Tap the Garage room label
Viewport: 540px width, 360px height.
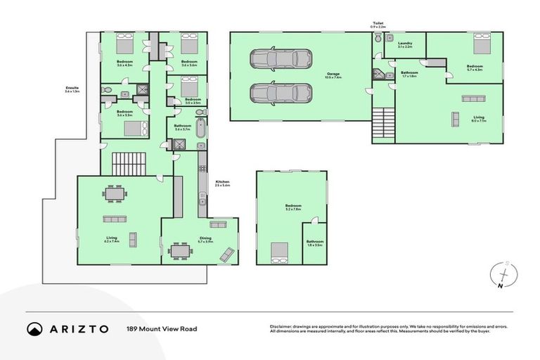click(333, 75)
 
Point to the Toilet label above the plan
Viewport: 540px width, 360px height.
click(378, 25)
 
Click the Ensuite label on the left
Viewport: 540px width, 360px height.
click(72, 89)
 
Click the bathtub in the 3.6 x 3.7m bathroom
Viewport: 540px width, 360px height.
click(200, 129)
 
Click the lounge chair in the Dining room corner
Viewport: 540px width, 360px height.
click(227, 255)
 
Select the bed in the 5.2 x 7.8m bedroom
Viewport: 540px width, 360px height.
click(279, 251)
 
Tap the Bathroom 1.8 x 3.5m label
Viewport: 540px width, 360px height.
click(314, 243)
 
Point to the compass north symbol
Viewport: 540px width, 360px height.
click(504, 275)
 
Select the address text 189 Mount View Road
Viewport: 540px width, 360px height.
click(161, 328)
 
